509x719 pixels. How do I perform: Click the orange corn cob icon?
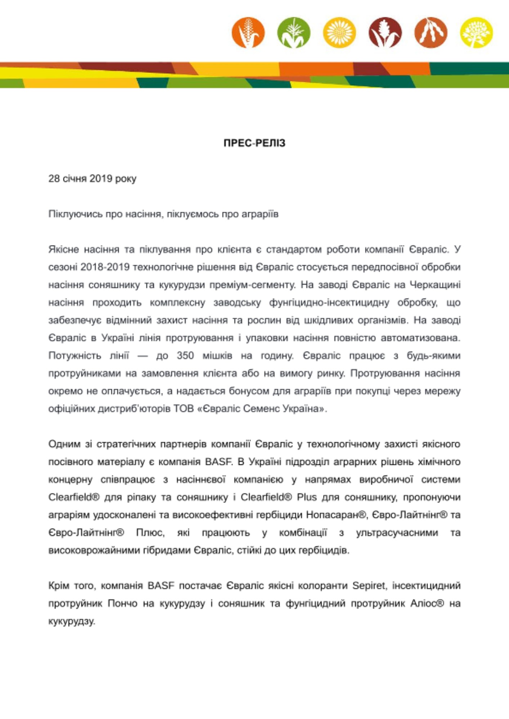[248, 33]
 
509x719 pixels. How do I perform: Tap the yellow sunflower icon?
[339, 33]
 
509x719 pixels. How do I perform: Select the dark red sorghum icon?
[385, 33]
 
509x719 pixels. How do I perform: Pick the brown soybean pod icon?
[431, 33]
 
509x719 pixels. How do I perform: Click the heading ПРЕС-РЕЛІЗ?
[254, 143]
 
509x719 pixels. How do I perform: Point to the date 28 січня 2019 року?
[93, 179]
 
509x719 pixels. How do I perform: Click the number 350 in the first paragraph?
[185, 356]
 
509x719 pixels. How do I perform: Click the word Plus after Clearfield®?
[307, 497]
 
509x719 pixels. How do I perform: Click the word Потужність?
[75, 356]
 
